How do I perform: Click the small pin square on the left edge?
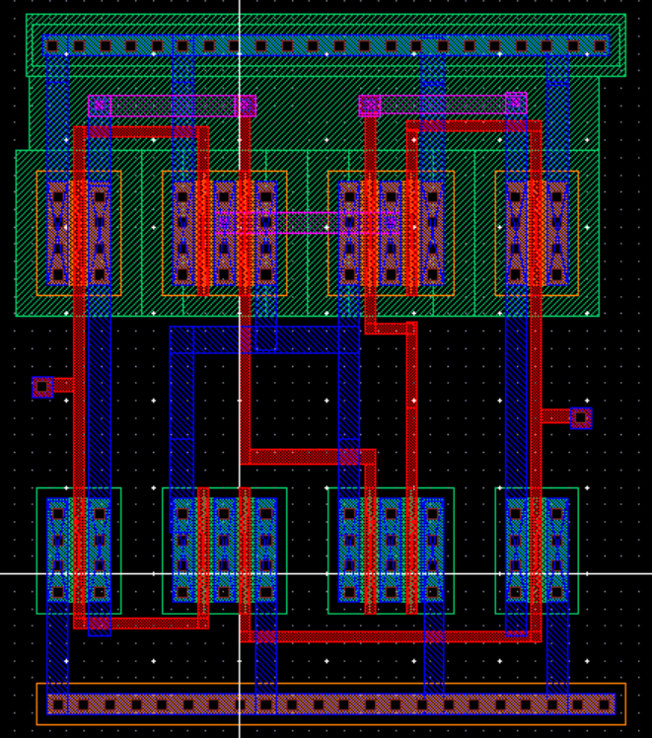pos(42,387)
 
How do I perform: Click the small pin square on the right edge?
pos(581,418)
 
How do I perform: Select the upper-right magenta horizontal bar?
pos(444,104)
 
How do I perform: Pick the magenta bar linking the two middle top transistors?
pos(306,221)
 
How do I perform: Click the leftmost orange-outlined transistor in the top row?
pos(79,233)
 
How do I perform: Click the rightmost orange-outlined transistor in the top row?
pos(537,233)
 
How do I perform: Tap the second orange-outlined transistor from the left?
pos(225,233)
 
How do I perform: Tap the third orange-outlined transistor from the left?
pos(391,233)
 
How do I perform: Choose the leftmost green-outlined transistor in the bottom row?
pos(79,551)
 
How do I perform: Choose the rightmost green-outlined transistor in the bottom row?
pos(537,551)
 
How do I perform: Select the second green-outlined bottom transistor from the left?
pos(225,551)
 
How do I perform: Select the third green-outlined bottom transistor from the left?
pos(391,551)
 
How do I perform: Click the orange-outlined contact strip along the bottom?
pos(331,704)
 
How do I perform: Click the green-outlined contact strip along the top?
pos(326,45)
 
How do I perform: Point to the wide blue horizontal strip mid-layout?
pos(264,339)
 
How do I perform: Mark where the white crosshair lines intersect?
pos(240,573)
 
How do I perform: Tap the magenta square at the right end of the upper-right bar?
pos(516,103)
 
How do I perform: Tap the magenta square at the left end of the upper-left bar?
pos(99,106)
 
